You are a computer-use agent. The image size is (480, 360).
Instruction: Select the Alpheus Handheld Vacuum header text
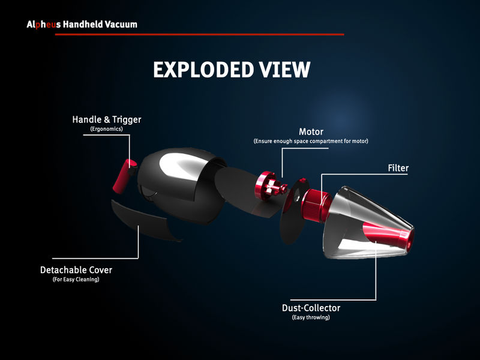pos(82,25)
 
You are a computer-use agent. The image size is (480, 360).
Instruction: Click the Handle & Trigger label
pos(107,120)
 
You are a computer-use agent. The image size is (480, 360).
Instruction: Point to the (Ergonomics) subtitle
pos(107,129)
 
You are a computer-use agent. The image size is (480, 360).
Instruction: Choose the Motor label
pos(311,132)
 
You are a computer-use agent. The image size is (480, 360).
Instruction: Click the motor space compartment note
pos(311,141)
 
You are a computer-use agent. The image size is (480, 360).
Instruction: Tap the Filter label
pos(398,168)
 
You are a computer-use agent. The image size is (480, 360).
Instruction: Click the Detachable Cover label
pos(76,270)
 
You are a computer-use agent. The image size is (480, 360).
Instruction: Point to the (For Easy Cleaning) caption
pos(76,280)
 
